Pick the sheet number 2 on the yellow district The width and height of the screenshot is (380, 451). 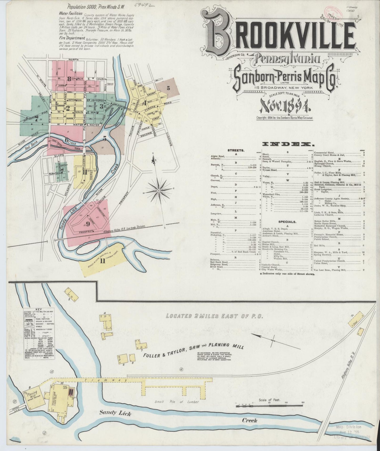[x=68, y=108]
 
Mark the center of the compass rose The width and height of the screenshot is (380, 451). [x=159, y=190]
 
